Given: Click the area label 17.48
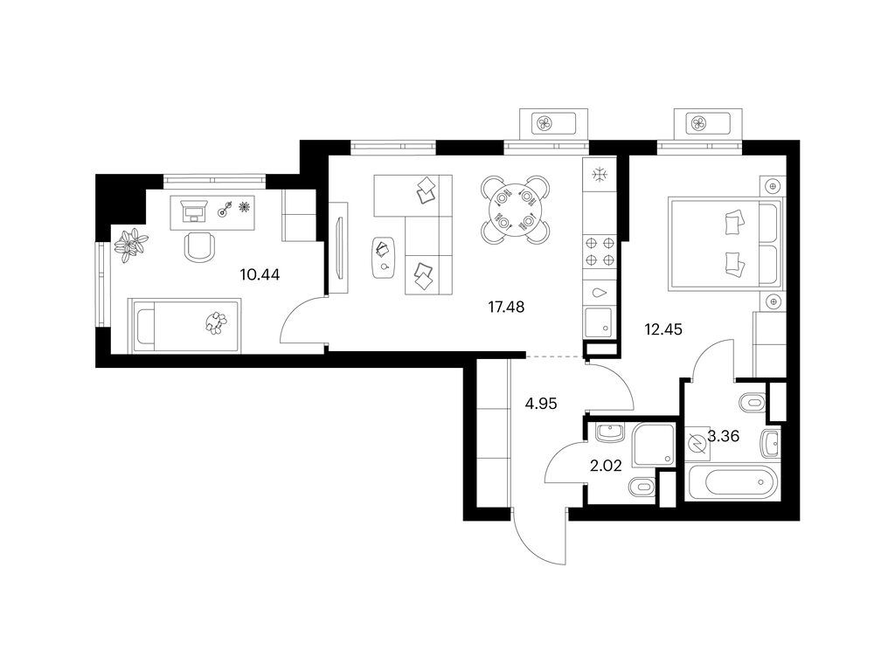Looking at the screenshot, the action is pos(506,307).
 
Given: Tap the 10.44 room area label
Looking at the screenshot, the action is pos(260,275).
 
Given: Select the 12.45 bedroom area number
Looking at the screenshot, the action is pos(663,329).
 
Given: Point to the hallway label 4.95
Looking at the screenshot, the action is pos(541,404).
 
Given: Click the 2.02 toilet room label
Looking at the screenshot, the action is pos(606,467).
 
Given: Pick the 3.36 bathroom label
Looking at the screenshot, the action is pos(724,437).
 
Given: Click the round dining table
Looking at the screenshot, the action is pos(516,210).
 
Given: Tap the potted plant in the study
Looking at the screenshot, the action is pos(131,245).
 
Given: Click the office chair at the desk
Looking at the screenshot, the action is pos(200,247).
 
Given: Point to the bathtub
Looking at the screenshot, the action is pos(733,482).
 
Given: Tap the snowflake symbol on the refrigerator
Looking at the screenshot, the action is pos(600,175).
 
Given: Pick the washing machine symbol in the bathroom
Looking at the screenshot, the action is pos(697,443).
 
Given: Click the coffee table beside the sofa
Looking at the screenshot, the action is pos(383,258).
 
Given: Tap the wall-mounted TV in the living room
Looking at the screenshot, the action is pos(341,248).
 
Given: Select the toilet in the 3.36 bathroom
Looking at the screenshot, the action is pos(753,403).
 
